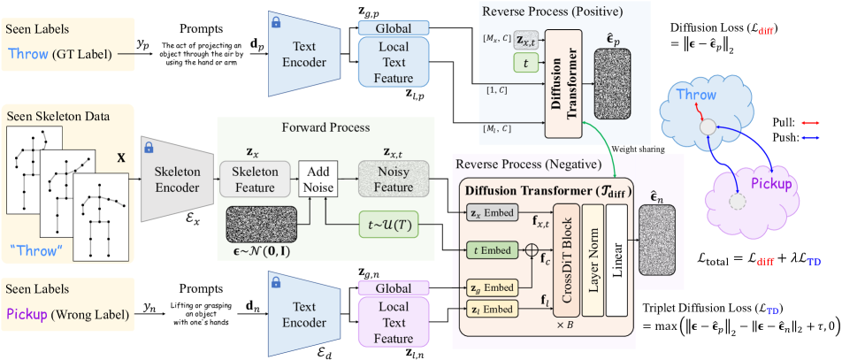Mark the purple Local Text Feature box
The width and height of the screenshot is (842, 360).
point(393,322)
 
